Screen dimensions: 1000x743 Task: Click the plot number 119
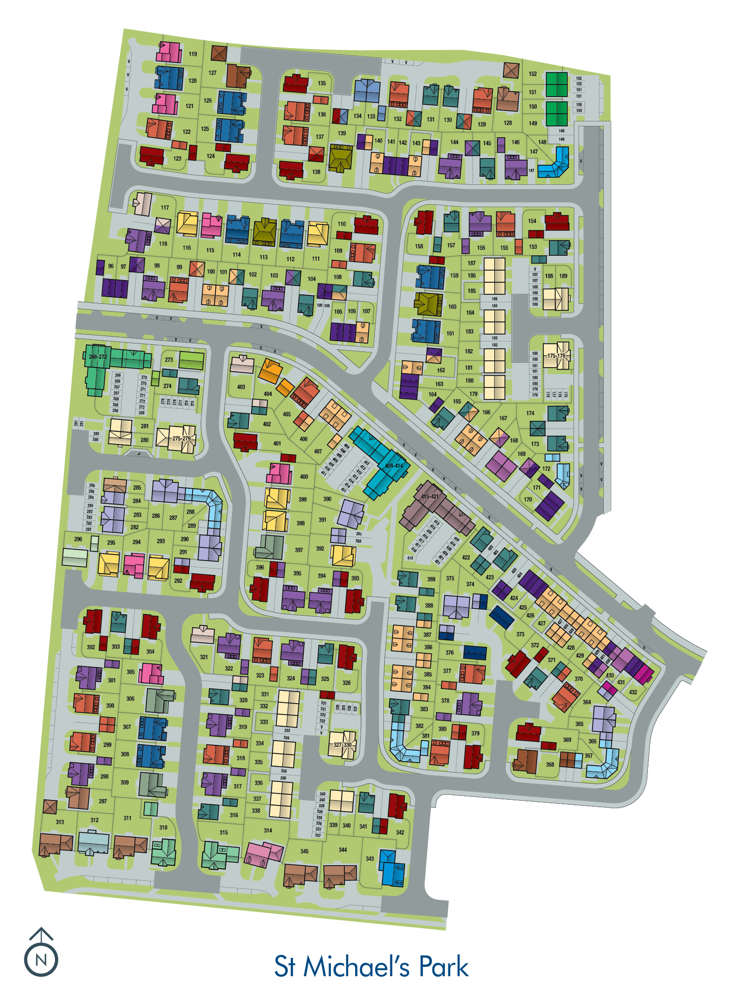coord(193,54)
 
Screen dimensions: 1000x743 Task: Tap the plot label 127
coord(212,73)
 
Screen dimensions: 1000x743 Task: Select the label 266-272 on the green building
coord(98,357)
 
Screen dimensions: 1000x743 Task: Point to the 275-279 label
coord(181,439)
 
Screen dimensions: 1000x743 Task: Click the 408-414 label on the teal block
coord(394,466)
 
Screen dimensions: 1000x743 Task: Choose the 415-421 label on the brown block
coord(429,497)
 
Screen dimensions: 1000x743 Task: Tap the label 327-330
coord(342,745)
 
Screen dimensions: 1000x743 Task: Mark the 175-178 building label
coord(556,356)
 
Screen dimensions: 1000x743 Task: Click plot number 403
coord(241,387)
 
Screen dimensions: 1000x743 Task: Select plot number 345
coord(304,851)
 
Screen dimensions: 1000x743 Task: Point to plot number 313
coord(60,822)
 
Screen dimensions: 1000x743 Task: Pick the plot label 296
coord(78,539)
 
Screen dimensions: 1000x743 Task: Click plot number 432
coord(633,692)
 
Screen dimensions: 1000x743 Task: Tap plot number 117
coord(165,208)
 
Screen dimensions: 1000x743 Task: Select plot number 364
coord(586,702)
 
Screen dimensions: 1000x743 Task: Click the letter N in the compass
coord(41,959)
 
